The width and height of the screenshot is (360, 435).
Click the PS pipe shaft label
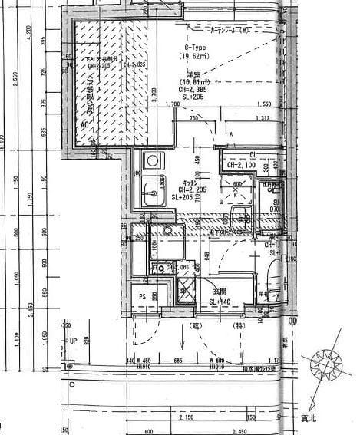[x=142, y=297]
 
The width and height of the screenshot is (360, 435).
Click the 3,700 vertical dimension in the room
[x=154, y=92]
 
